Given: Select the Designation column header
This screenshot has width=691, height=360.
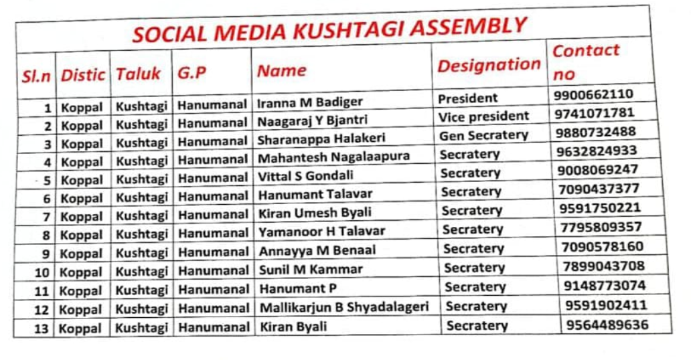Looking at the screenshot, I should click(x=489, y=66).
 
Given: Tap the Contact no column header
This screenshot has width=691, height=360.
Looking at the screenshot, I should click(x=585, y=62).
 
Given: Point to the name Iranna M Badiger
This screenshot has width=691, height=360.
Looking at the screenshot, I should click(x=310, y=102).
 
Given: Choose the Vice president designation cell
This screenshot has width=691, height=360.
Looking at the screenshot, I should click(x=483, y=116).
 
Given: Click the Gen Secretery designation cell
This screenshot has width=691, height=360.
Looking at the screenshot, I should click(x=483, y=135).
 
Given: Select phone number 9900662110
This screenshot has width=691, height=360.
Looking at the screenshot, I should click(x=594, y=94).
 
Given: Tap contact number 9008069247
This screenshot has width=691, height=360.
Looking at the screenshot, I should click(x=597, y=170).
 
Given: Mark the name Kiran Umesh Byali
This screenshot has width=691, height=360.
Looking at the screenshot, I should click(x=315, y=213).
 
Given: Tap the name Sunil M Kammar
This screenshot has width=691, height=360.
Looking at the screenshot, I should click(x=311, y=269).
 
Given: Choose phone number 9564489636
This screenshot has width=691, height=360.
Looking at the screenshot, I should click(x=607, y=325).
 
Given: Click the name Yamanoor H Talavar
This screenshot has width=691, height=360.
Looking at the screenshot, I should click(x=322, y=232).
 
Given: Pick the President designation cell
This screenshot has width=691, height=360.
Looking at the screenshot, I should click(x=468, y=98).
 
